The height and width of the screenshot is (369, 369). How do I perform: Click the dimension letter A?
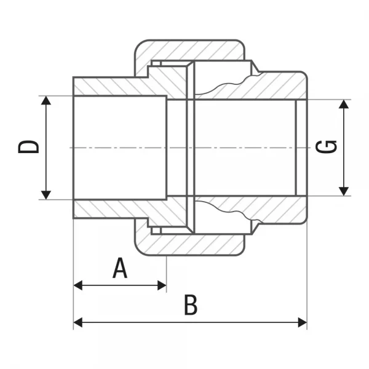click(x=121, y=268)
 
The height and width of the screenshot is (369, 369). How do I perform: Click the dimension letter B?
click(x=191, y=305)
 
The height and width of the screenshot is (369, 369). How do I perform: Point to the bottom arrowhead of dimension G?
click(x=344, y=191)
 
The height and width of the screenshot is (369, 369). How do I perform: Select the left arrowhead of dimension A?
click(x=78, y=285)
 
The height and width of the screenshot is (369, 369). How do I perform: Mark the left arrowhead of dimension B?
click(x=78, y=322)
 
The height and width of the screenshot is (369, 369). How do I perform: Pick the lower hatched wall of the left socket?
click(x=111, y=209)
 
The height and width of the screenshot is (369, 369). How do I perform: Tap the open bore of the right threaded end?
click(x=246, y=148)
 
